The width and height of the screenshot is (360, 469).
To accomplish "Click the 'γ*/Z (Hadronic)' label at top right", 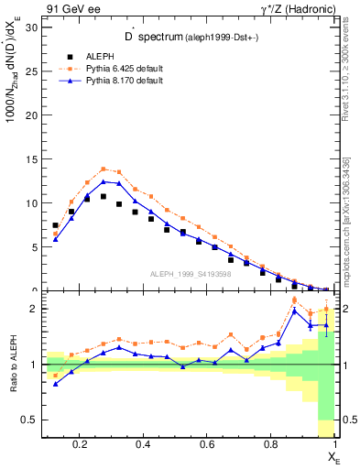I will click(299, 8).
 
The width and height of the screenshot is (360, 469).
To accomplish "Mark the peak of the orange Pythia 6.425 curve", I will click(104, 169).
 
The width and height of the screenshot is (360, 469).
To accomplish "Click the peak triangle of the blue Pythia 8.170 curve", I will click(104, 181).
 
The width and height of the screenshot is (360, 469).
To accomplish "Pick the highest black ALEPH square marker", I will click(104, 196).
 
